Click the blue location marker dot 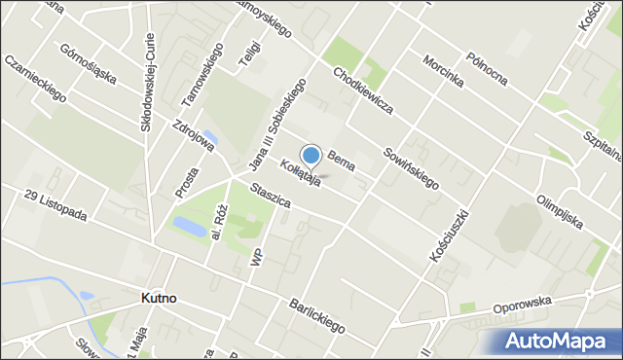(311, 156)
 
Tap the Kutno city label (157, 299)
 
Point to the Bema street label (340, 161)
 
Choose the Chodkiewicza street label (362, 90)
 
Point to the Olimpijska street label (560, 213)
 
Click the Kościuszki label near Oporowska (449, 234)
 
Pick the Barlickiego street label (316, 315)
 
